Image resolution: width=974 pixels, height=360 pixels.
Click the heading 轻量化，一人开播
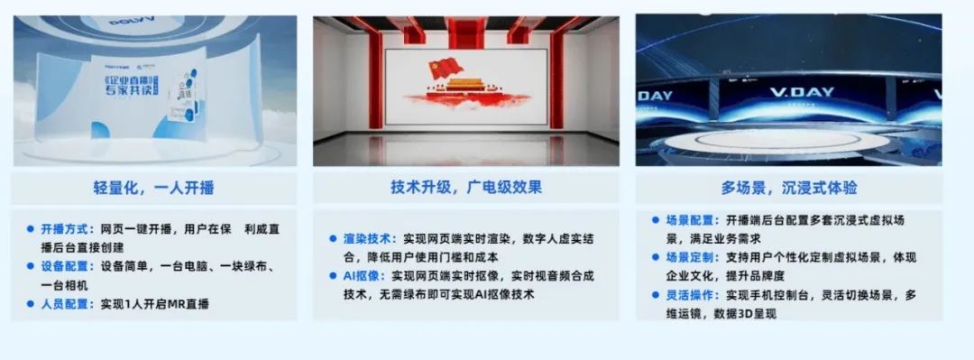(154, 189)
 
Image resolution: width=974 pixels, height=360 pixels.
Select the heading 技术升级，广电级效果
(466, 188)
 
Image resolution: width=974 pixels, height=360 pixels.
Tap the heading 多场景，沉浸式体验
(789, 188)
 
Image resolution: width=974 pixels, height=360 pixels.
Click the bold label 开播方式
(66, 229)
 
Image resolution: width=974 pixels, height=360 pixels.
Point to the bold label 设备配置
(66, 267)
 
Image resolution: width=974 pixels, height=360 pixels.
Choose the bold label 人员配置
(66, 304)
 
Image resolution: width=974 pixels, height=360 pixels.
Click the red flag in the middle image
(441, 67)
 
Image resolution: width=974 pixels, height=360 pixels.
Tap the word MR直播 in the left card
(188, 304)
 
